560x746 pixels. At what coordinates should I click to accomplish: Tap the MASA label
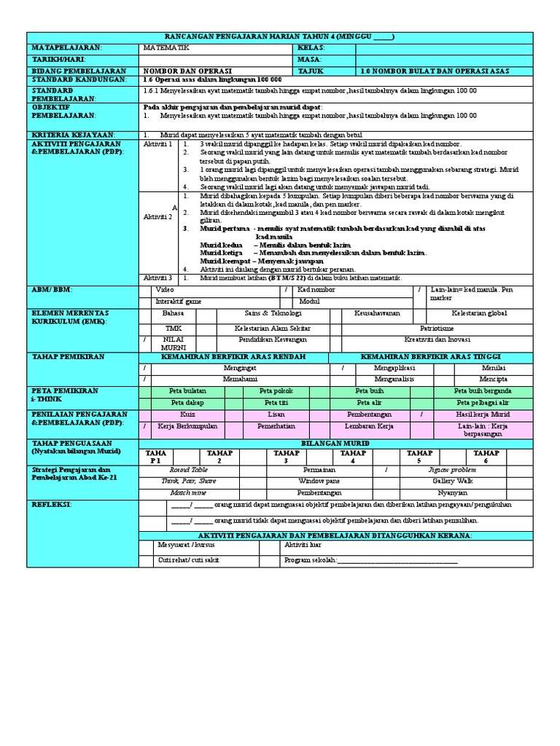[310, 59]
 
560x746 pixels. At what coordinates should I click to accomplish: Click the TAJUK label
[311, 71]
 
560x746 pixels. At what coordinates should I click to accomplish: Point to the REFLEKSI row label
[50, 503]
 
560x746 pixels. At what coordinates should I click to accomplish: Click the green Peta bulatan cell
[188, 390]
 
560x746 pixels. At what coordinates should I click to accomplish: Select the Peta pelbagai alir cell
[483, 402]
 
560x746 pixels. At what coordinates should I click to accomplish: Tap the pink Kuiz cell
[188, 414]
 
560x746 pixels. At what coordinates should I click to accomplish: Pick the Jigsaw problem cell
[453, 470]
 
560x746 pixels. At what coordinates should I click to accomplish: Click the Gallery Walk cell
[453, 481]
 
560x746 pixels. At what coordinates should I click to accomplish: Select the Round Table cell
[188, 470]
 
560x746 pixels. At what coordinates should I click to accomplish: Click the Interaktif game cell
[179, 300]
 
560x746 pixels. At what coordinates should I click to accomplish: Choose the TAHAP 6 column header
[486, 457]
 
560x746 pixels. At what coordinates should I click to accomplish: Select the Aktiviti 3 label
[158, 278]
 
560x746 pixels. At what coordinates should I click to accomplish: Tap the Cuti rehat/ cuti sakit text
[188, 559]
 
